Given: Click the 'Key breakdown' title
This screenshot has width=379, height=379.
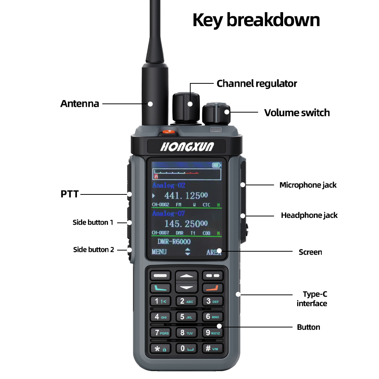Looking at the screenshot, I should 256,20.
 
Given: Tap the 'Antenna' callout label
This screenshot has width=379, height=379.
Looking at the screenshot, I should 80,103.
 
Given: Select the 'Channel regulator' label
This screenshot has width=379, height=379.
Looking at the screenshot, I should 257,83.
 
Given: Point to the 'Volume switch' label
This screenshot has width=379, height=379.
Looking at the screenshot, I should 297,113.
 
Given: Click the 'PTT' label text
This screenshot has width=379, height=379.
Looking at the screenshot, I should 69,194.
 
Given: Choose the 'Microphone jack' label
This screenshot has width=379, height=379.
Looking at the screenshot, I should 308,185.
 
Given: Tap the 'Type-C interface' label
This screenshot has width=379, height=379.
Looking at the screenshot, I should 312,299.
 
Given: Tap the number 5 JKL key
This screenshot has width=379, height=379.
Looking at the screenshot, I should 186,317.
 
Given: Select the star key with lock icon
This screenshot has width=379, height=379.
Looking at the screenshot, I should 160,349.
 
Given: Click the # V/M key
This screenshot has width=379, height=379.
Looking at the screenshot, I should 212,348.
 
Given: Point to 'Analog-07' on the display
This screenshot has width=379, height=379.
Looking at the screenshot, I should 169,214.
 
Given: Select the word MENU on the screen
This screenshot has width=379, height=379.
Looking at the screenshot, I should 159,252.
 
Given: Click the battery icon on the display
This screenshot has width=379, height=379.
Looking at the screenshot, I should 216,165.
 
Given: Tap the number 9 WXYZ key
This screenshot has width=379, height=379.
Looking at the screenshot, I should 212,333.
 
